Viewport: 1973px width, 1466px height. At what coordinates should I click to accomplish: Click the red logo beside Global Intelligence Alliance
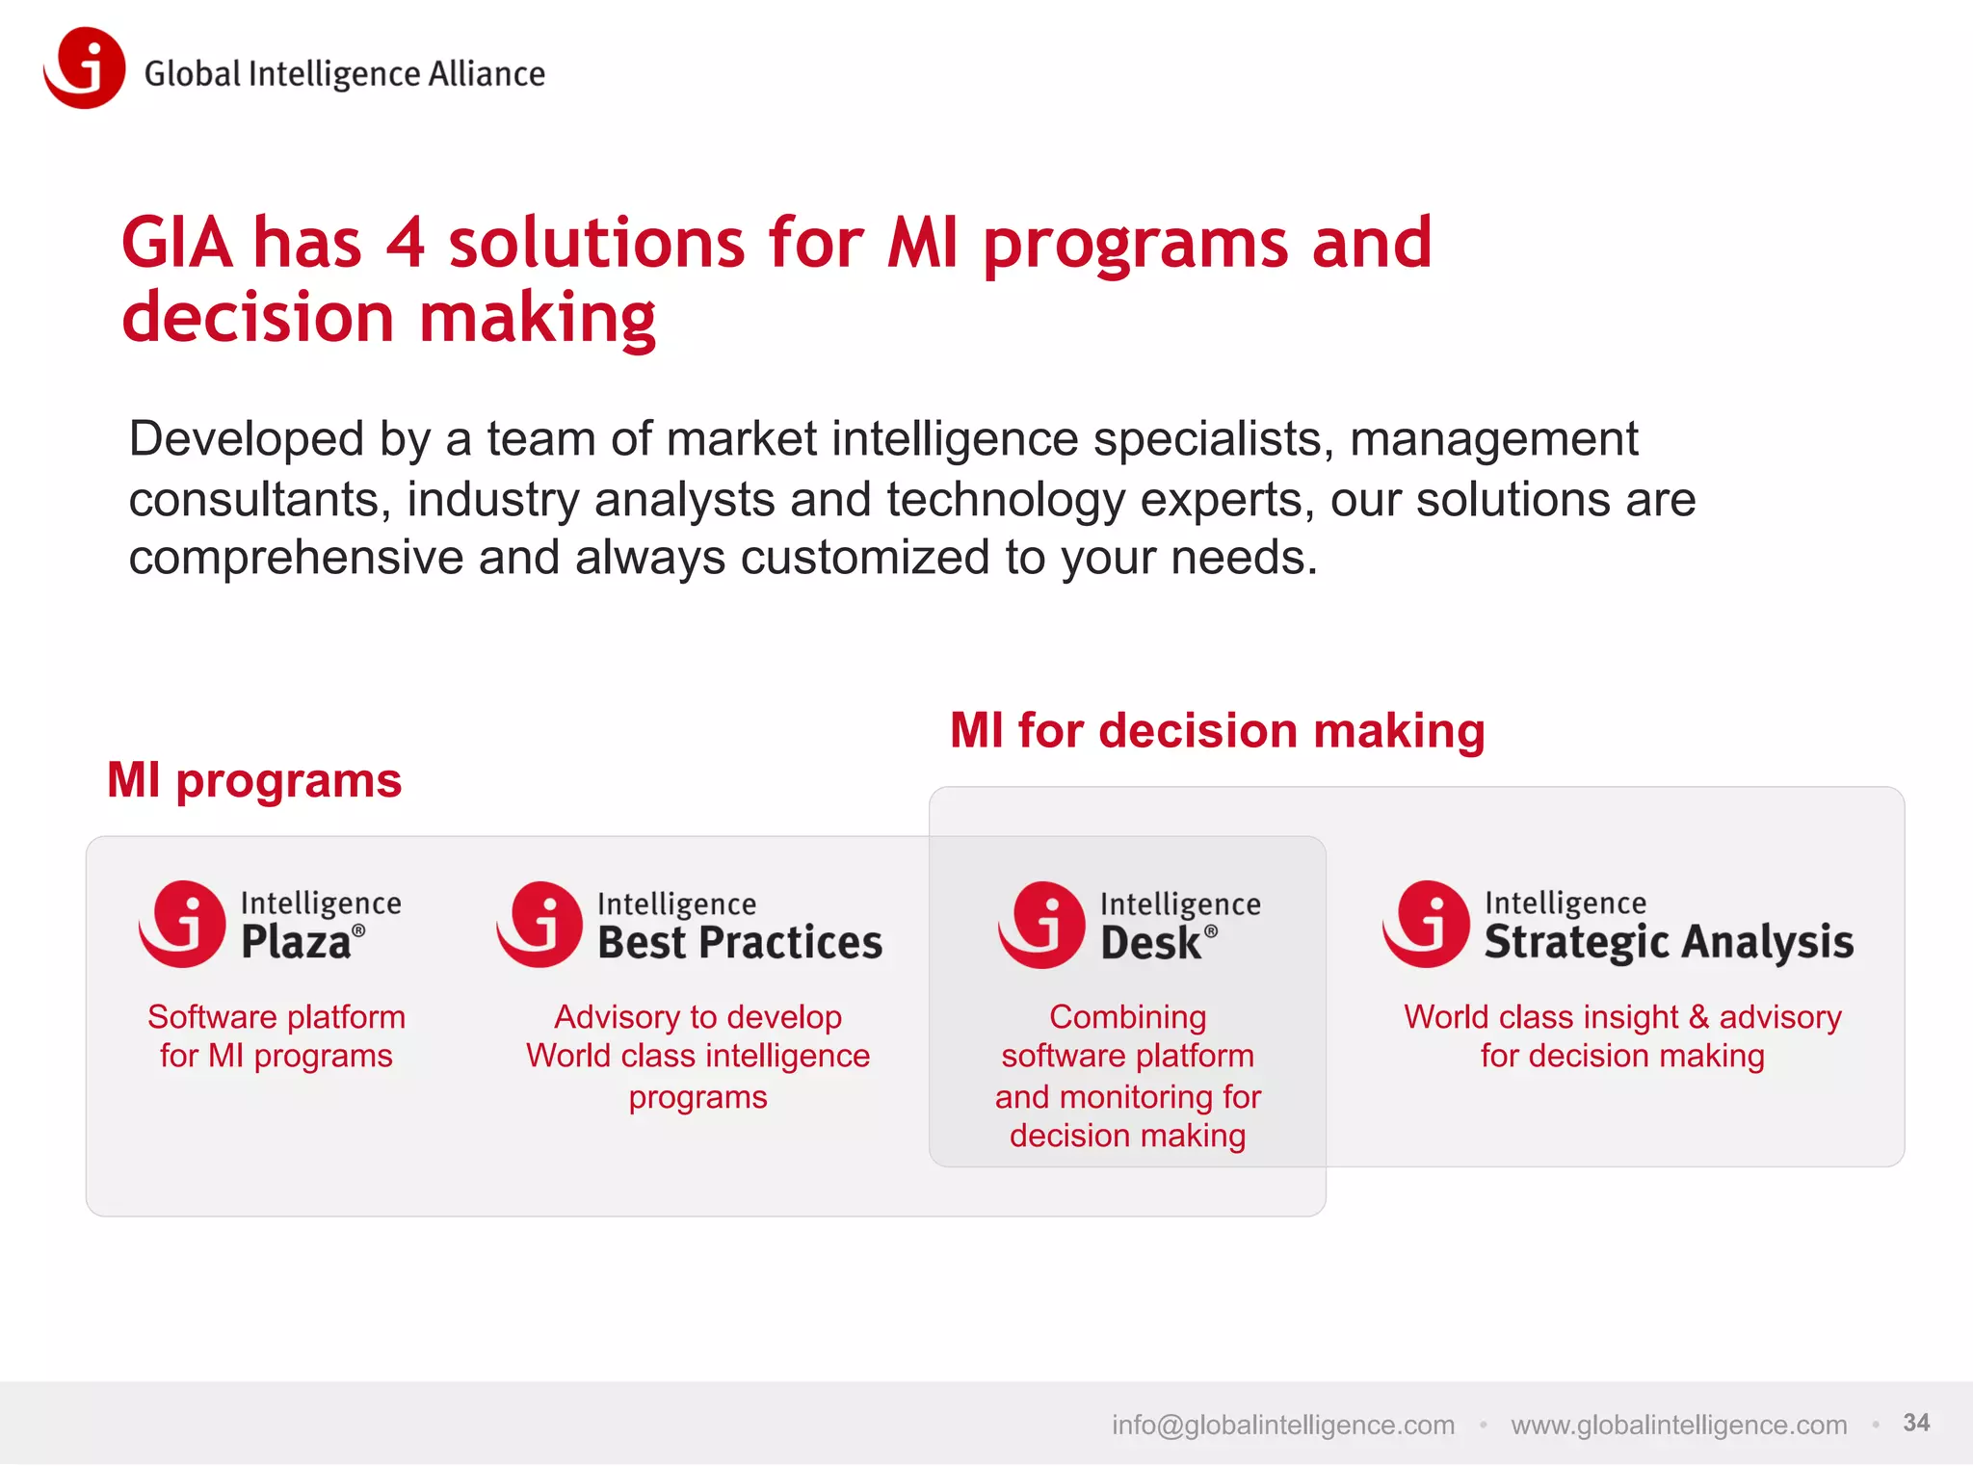click(x=85, y=68)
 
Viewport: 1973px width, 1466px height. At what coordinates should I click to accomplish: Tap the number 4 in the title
click(x=405, y=243)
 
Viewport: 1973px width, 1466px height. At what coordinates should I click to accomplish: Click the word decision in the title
click(x=258, y=318)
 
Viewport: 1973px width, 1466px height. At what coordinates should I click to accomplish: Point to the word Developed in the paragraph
click(x=247, y=439)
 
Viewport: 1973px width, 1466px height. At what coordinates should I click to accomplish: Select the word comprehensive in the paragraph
click(x=296, y=559)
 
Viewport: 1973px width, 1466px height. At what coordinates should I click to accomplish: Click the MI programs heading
click(x=254, y=780)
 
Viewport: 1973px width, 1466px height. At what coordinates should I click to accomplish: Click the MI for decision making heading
click(x=1217, y=730)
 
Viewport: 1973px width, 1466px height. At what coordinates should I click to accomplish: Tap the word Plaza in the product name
click(x=296, y=942)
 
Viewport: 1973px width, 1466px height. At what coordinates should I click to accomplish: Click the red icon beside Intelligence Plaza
click(x=183, y=924)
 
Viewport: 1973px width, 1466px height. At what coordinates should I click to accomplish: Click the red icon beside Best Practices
click(x=540, y=924)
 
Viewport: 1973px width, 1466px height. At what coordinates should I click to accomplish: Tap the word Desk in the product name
click(x=1151, y=943)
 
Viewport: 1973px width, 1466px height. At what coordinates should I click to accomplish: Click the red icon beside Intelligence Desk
click(x=1042, y=925)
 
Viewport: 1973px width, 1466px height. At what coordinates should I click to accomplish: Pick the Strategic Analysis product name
click(x=1669, y=942)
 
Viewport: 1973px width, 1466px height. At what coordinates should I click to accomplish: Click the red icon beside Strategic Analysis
click(x=1427, y=924)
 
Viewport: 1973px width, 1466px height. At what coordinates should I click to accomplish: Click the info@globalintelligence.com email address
click(x=1282, y=1425)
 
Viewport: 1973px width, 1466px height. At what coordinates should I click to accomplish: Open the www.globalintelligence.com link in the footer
click(x=1678, y=1425)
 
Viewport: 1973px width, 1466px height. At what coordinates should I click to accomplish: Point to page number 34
click(x=1916, y=1423)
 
